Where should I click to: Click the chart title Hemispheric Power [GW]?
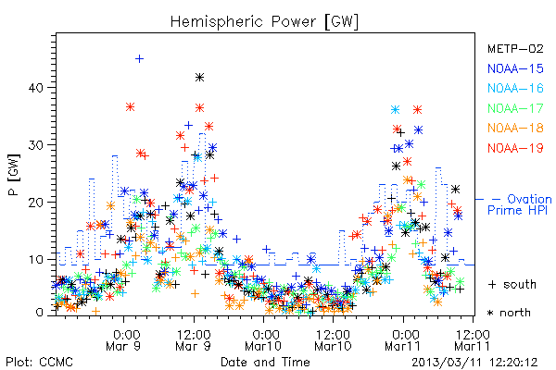coord(264,22)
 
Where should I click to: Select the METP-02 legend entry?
coord(515,48)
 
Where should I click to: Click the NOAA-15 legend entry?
coord(515,68)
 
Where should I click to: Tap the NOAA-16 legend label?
coord(515,88)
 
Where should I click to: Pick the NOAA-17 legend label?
coord(515,108)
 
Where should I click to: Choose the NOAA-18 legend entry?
coord(515,128)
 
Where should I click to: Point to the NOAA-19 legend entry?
coord(515,148)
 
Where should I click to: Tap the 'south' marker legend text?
coord(512,284)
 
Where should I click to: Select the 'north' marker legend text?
coord(509,313)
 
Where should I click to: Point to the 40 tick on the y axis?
coord(36,88)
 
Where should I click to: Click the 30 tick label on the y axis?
coord(36,145)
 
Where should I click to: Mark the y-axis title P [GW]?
coord(14,175)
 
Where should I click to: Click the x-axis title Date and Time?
coord(265,363)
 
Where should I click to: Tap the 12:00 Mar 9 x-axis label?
coord(194,339)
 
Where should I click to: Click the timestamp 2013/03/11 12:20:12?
coord(474,363)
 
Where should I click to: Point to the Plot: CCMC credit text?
coord(39,363)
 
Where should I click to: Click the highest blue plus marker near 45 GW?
coord(139,58)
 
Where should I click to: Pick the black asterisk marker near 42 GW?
coord(199,77)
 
